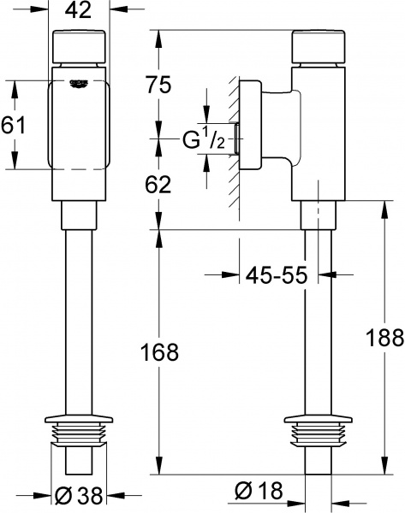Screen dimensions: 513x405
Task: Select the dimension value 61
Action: click(x=15, y=125)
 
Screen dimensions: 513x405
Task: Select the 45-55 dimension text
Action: click(x=277, y=275)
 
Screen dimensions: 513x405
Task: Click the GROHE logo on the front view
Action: click(x=82, y=82)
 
